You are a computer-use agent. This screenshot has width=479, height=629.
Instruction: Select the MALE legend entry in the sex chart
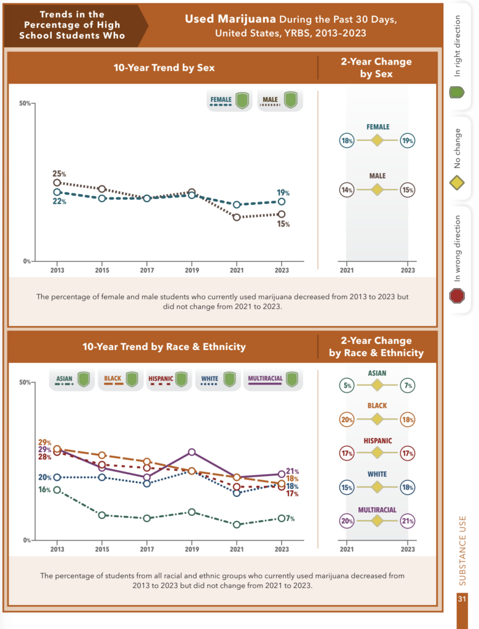click(280, 100)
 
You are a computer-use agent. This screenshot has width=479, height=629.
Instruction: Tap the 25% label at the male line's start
click(59, 174)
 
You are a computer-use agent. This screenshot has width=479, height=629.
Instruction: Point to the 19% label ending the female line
click(283, 192)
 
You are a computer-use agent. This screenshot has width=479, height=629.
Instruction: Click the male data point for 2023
click(281, 214)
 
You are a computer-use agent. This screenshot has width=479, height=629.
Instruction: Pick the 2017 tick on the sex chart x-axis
click(147, 270)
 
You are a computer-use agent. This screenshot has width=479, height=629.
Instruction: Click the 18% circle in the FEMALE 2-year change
click(347, 141)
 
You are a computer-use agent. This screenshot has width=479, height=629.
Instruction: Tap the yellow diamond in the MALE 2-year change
click(378, 190)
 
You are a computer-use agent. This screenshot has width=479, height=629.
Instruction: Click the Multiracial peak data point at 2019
click(192, 452)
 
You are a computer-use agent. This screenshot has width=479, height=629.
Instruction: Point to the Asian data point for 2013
click(57, 490)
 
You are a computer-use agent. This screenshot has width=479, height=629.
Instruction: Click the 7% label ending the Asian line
click(290, 518)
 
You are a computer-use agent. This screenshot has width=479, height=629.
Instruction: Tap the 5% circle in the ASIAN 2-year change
click(347, 386)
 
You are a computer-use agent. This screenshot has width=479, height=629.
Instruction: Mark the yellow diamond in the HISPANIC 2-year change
click(378, 454)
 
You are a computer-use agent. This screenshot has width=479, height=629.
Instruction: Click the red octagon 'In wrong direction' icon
click(457, 296)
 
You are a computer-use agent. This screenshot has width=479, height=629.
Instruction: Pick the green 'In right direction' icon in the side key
click(457, 93)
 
